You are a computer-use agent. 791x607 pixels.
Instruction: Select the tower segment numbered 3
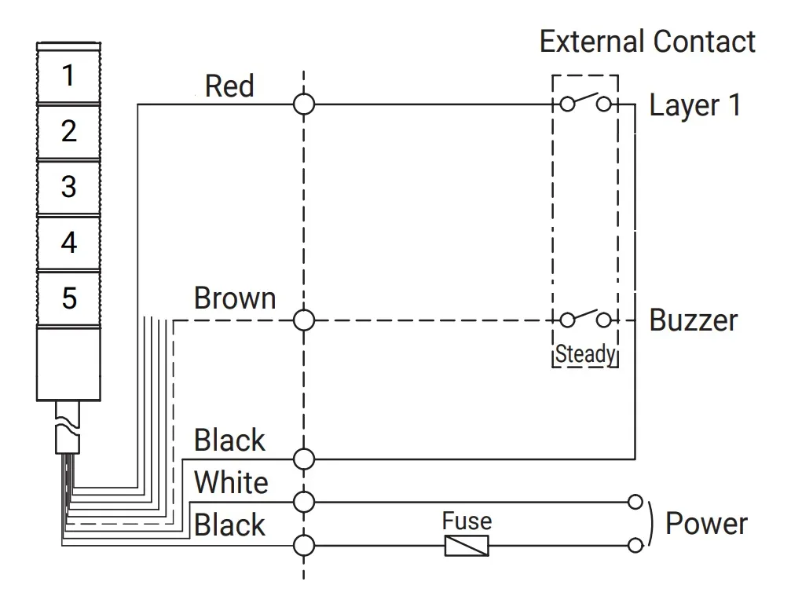pyautogui.click(x=68, y=187)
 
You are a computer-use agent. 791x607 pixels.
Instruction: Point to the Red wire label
pyautogui.click(x=229, y=86)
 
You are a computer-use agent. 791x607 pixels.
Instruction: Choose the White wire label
pyautogui.click(x=231, y=482)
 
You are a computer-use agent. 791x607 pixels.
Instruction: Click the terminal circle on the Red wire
pyautogui.click(x=304, y=104)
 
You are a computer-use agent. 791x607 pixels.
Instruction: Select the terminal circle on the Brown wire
pyautogui.click(x=304, y=320)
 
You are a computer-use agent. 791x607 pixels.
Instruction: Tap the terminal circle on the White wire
pyautogui.click(x=304, y=502)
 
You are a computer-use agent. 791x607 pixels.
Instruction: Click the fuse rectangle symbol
pyautogui.click(x=467, y=546)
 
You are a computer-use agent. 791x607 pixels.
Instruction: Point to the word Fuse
pyautogui.click(x=467, y=521)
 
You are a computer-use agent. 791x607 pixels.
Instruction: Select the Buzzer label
pyautogui.click(x=694, y=320)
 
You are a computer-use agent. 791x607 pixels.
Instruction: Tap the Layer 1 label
pyautogui.click(x=695, y=105)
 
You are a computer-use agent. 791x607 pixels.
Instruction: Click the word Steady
pyautogui.click(x=586, y=354)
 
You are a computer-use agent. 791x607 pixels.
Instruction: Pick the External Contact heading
pyautogui.click(x=648, y=42)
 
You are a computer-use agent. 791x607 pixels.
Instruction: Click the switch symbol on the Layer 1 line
pyautogui.click(x=586, y=102)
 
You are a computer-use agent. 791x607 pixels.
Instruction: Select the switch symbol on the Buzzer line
pyautogui.click(x=586, y=318)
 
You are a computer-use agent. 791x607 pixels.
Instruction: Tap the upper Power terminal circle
pyautogui.click(x=635, y=502)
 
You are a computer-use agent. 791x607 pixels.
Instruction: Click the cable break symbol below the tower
pyautogui.click(x=67, y=427)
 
